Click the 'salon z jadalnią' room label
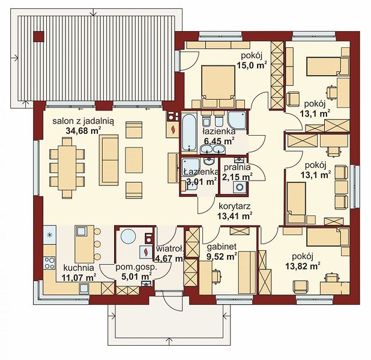point(83,121)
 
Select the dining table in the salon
point(67,168)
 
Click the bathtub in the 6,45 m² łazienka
point(189,132)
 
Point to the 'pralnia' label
point(237,167)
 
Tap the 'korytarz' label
point(235,206)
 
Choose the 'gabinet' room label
point(222,247)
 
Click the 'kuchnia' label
point(79,268)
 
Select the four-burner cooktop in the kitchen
point(49,263)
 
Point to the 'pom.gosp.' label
point(136,267)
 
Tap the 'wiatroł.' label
point(170,248)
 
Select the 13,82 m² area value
point(303,266)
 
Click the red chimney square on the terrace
point(38,37)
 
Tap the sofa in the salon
point(109,160)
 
